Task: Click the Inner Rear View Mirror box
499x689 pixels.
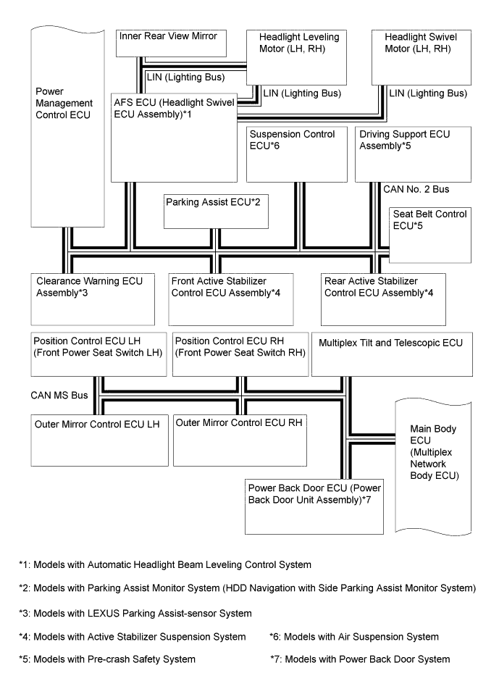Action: coord(171,42)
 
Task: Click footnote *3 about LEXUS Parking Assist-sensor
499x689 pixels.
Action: coord(135,614)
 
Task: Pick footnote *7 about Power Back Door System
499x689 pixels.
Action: coord(359,659)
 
